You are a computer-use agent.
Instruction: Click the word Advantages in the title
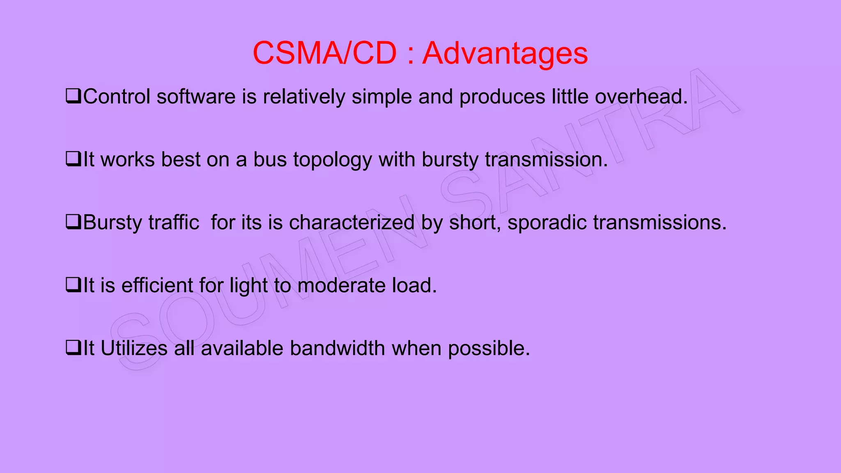tap(505, 53)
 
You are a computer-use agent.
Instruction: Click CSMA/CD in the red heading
tap(324, 53)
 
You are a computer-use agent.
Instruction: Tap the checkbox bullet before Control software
tap(73, 96)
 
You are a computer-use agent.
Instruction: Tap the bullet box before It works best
tap(73, 159)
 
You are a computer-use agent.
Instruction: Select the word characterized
tap(352, 223)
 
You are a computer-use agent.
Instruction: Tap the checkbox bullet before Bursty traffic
tap(73, 222)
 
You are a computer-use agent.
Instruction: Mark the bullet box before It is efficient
tap(73, 285)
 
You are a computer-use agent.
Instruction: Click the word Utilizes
tap(134, 348)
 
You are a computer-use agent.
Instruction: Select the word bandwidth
tap(337, 348)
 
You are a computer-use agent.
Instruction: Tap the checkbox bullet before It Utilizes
tap(73, 347)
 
